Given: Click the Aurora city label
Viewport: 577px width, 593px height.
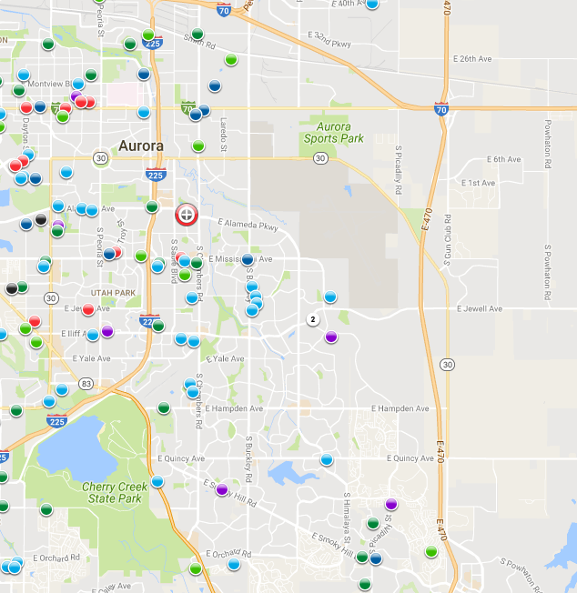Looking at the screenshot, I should (x=141, y=146).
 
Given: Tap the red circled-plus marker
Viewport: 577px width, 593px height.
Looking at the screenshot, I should (x=186, y=215).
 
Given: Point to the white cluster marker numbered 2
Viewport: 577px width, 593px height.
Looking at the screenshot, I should (x=313, y=319).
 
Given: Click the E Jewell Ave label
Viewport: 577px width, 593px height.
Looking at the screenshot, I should (x=481, y=309).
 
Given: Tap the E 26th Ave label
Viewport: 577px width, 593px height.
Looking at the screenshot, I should (x=473, y=59).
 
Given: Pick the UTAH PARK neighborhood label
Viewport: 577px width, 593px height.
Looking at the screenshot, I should (x=114, y=292).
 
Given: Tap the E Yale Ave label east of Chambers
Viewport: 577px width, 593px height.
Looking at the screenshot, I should (x=225, y=358).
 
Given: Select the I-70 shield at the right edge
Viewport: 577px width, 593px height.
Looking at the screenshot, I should (x=440, y=108).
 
